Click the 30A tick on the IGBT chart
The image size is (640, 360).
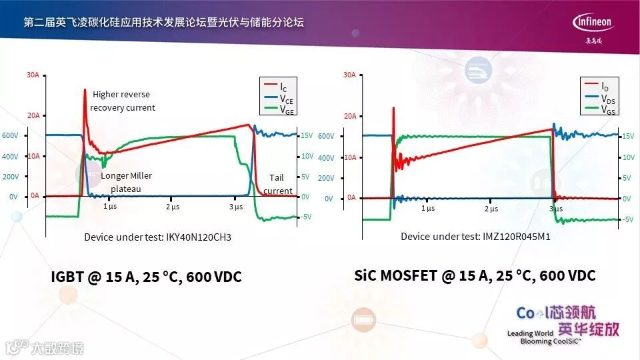[33, 75]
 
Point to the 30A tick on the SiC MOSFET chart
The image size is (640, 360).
[349, 75]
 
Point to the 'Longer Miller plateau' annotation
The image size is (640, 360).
[127, 182]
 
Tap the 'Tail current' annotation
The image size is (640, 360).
[277, 184]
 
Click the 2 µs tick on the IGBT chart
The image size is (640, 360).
[173, 207]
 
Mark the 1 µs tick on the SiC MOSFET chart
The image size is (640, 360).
[428, 208]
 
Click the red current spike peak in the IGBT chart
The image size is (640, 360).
[85, 89]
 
